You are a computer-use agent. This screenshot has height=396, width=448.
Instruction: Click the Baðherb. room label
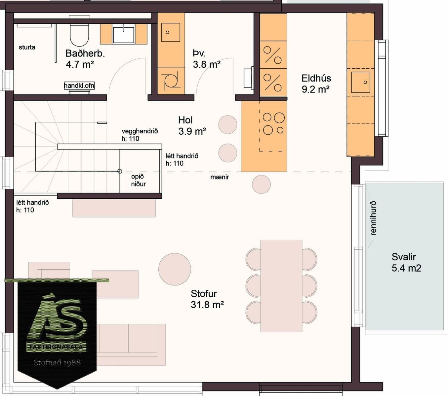click(85, 54)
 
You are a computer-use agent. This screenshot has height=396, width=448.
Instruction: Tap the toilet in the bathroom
click(79, 32)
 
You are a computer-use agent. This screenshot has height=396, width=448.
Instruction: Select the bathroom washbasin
click(123, 35)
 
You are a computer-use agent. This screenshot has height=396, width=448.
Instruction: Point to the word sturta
click(27, 47)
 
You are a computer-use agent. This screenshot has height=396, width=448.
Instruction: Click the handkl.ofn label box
click(79, 85)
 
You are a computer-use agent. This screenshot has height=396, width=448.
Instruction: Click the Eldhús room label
click(316, 78)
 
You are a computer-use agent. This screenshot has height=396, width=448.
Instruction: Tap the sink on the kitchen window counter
click(361, 82)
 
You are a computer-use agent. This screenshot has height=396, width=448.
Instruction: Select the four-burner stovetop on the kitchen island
click(273, 124)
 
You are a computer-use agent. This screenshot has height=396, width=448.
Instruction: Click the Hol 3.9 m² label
click(192, 126)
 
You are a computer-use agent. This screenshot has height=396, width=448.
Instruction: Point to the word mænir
click(220, 177)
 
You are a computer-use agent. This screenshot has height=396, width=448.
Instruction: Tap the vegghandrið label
click(140, 131)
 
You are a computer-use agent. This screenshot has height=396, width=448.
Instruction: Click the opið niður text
click(139, 180)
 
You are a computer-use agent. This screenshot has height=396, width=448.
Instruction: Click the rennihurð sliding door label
click(373, 218)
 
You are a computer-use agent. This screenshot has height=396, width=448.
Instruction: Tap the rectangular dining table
click(281, 286)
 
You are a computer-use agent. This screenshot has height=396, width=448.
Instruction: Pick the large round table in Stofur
click(175, 269)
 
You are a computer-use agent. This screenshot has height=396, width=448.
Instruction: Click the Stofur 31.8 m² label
click(207, 299)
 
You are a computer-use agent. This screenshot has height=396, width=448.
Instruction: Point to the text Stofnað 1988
click(57, 362)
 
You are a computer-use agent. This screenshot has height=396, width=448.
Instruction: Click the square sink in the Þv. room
click(171, 32)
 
